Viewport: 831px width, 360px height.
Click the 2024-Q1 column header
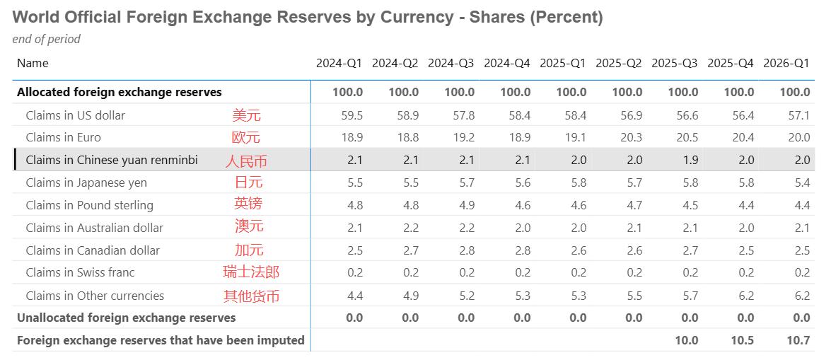pos(339,63)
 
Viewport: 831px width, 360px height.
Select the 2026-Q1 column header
pos(786,63)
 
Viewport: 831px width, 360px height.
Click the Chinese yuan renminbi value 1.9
pos(690,160)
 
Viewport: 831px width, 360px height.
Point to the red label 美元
pos(246,115)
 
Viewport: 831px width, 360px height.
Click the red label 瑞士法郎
pos(251,272)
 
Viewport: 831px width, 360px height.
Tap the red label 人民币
pos(246,161)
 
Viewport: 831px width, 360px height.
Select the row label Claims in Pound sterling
pos(90,205)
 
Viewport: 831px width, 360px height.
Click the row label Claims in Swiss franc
pos(80,272)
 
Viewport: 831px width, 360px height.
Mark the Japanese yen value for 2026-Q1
pos(803,182)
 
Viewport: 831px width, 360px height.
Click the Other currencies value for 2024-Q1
pos(354,296)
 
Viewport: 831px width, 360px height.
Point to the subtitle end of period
pos(47,39)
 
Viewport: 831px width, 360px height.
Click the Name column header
pos(33,63)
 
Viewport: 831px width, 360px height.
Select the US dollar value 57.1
pos(798,115)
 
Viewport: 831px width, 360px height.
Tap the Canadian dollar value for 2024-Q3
pos(466,250)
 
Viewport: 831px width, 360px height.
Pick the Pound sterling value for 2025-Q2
pos(634,205)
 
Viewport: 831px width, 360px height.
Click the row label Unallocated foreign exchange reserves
pos(127,318)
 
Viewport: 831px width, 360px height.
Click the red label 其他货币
pos(251,296)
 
